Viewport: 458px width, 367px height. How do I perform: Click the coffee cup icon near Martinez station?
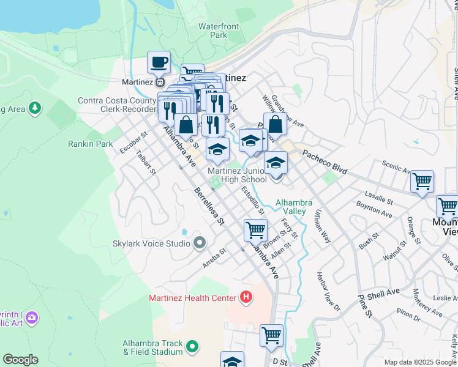pos(159,62)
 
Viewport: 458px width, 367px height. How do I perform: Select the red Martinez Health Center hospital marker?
pos(246,298)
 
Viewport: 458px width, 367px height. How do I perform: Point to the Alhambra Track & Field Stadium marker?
pos(192,347)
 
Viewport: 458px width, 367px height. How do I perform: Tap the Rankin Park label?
pos(91,144)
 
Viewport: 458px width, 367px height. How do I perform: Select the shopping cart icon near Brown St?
pos(255,231)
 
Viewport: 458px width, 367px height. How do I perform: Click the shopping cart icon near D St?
pos(271,335)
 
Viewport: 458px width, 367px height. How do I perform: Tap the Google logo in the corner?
pos(20,360)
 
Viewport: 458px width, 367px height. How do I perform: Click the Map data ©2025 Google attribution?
pos(420,362)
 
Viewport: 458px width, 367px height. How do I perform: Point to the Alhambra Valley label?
pos(294,207)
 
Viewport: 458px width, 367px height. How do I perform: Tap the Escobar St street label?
pos(135,141)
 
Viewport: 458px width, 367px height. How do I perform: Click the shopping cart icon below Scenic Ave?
pos(422,181)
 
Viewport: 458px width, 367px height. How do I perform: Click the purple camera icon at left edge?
pos(31,317)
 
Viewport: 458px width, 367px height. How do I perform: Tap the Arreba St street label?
pos(214,258)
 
